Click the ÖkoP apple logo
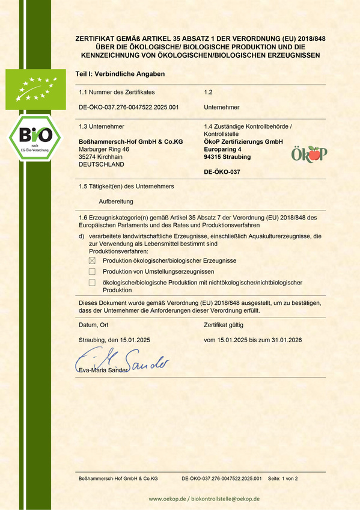(309, 154)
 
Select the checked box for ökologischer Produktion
(92, 260)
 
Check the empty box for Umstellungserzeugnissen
(92, 272)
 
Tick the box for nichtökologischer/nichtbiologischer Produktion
(92, 283)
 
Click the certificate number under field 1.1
(129, 107)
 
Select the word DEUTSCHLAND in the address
(102, 164)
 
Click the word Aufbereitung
(116, 201)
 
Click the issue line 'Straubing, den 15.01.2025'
(114, 340)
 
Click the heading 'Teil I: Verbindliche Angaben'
(120, 73)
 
